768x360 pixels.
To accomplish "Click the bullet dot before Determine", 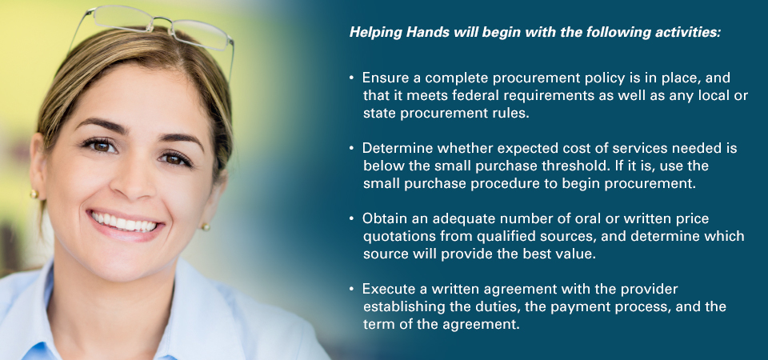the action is [x=351, y=148].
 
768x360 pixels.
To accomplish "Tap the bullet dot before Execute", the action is [x=351, y=289].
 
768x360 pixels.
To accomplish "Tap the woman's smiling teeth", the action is [x=125, y=222].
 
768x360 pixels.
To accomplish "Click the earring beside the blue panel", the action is [x=206, y=226].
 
